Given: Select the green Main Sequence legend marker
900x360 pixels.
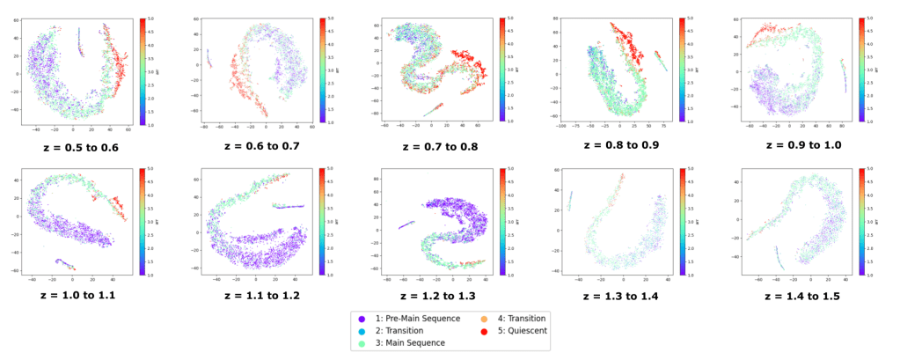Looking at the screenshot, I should (x=363, y=342).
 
